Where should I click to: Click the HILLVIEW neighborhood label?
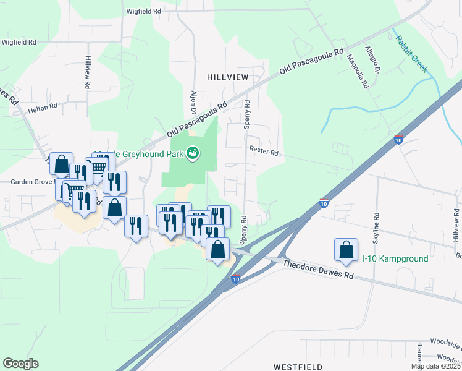(x=227, y=77)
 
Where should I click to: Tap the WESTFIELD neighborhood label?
(x=298, y=366)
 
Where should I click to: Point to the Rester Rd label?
(x=264, y=150)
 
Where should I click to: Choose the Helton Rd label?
(x=43, y=106)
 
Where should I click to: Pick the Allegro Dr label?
(x=371, y=59)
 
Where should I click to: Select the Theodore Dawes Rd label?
(x=318, y=270)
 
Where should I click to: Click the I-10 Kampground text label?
(x=395, y=258)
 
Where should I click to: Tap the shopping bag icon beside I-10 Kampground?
(x=346, y=250)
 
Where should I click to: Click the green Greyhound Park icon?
(x=193, y=152)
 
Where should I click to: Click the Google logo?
(x=20, y=364)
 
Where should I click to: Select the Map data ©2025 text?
(x=435, y=366)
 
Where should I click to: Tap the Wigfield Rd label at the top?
(x=143, y=11)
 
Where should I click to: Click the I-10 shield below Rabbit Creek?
(x=399, y=140)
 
